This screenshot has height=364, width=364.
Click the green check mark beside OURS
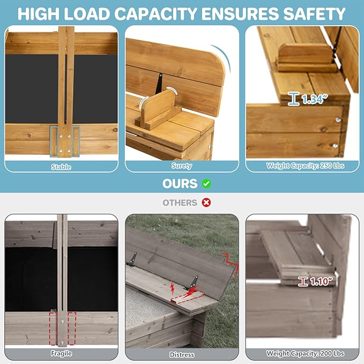tap(206, 184)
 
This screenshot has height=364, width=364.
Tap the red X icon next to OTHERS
tap(206, 203)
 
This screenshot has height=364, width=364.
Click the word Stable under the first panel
tap(61, 167)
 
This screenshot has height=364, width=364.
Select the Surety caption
tap(182, 166)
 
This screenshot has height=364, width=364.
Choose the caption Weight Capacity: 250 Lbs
tap(305, 166)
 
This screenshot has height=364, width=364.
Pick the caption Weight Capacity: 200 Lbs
tap(305, 353)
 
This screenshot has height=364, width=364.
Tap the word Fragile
tap(61, 353)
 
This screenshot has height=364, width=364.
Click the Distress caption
tap(182, 354)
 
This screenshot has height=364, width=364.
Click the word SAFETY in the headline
tap(314, 14)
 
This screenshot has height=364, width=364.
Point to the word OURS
tap(180, 184)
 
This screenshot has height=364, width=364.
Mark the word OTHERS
tap(180, 203)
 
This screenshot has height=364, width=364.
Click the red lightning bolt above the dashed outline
tap(173, 288)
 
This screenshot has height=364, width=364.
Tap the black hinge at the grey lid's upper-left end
tap(132, 259)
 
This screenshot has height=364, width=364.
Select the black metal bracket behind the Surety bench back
tap(160, 83)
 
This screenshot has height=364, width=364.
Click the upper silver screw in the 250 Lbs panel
tap(338, 120)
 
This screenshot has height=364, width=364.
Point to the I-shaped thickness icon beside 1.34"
tap(293, 99)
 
